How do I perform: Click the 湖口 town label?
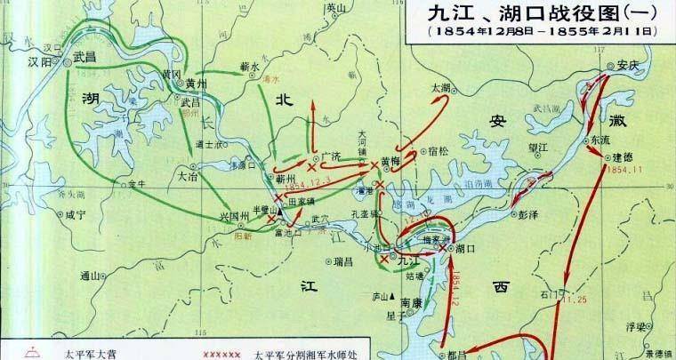[x=464, y=248]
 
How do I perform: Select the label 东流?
[x=599, y=140]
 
